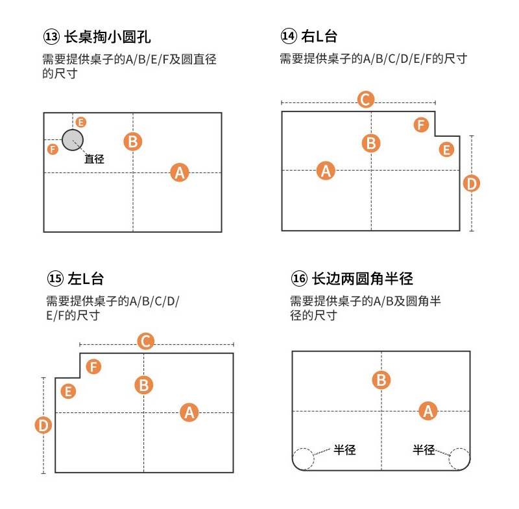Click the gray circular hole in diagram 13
(x=73, y=139)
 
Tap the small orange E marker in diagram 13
(x=80, y=122)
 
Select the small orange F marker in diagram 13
(x=53, y=149)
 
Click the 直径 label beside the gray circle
(x=95, y=158)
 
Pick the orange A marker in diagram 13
(x=180, y=172)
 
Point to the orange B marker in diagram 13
(x=133, y=141)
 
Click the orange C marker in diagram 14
(x=366, y=99)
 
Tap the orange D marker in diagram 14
(x=472, y=183)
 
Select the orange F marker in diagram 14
(x=422, y=124)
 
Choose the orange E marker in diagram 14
(x=446, y=150)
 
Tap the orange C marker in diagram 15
(x=146, y=341)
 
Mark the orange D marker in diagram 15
(x=43, y=425)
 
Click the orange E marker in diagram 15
(x=67, y=391)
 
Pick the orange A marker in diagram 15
(x=189, y=412)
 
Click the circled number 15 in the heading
(x=55, y=279)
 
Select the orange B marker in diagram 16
(x=381, y=380)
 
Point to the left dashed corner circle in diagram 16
(x=303, y=458)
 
